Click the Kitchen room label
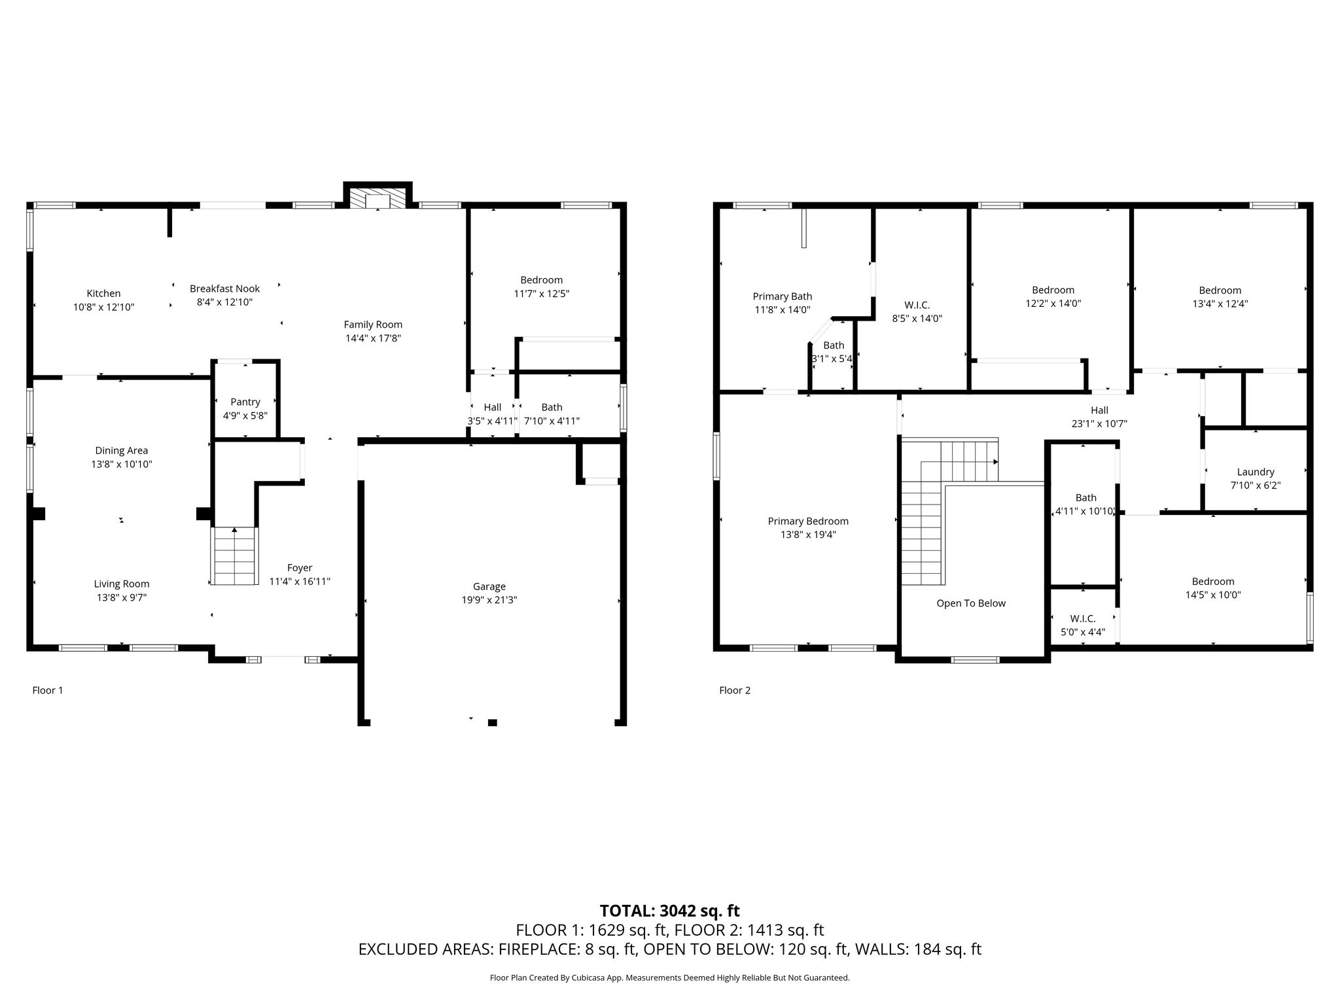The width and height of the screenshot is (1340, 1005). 103,294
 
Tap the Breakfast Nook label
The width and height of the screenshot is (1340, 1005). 224,289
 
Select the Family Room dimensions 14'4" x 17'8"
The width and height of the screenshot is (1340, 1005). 373,338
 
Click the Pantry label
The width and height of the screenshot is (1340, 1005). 245,402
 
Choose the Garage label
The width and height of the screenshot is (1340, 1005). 489,586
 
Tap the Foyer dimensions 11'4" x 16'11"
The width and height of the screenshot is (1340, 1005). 300,582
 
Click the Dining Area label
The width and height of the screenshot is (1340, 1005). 122,450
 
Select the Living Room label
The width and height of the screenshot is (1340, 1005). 122,584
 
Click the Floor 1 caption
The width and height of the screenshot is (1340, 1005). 48,690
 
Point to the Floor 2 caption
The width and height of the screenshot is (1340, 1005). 735,690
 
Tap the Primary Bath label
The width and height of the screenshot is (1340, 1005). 783,296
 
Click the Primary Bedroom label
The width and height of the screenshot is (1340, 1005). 808,521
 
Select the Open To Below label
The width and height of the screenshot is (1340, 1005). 971,603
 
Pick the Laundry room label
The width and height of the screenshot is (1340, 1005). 1256,472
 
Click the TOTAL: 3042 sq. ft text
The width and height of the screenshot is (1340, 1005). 670,911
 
